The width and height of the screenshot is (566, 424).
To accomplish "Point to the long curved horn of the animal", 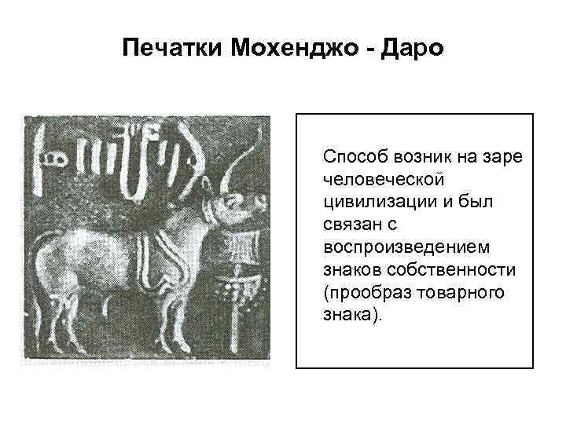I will point(228,169).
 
